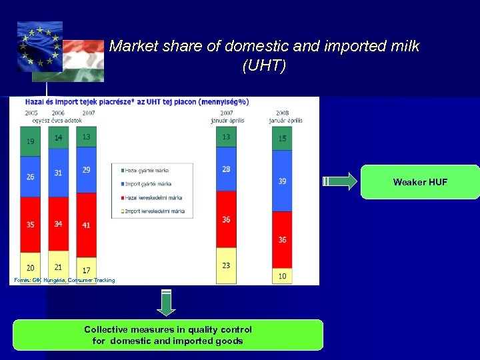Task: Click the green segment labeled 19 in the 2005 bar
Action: coord(31,141)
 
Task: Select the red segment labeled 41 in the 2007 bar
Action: coord(87,225)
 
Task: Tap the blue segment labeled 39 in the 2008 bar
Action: coord(282,181)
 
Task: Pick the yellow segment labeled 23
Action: coord(226,265)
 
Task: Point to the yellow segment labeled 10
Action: coord(282,275)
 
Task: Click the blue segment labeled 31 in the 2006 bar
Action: coord(59,173)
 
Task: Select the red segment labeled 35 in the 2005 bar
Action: coord(31,225)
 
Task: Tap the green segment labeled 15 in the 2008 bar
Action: coord(282,139)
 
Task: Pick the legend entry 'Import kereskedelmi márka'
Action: coord(153,211)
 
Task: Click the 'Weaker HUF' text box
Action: coord(420,182)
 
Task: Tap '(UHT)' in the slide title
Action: coord(264,66)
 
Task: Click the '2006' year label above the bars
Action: coord(58,113)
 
